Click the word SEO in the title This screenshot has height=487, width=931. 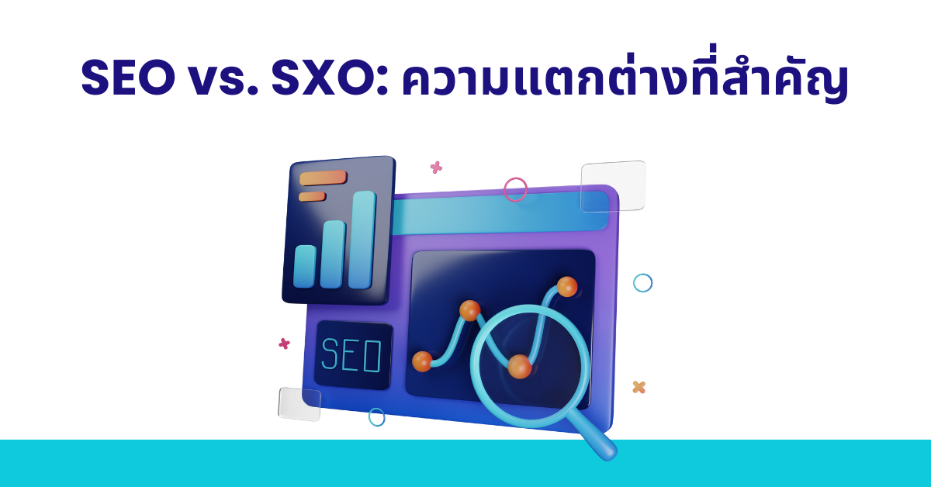point(128,78)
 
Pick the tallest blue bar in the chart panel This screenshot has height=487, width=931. point(362,240)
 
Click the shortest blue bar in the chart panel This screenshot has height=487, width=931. point(305,266)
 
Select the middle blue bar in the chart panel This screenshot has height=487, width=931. point(333,254)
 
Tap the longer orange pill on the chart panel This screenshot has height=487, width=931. point(323,178)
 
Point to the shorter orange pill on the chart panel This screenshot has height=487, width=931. point(312,196)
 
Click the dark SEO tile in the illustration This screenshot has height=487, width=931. point(353,355)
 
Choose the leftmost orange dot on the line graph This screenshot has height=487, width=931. point(422,361)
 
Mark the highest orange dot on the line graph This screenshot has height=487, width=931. point(567,287)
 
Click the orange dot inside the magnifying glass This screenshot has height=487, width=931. point(520,366)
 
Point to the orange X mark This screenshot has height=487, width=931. point(639,387)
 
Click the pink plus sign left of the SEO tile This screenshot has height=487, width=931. point(284,344)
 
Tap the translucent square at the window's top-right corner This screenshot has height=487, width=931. point(613,186)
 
